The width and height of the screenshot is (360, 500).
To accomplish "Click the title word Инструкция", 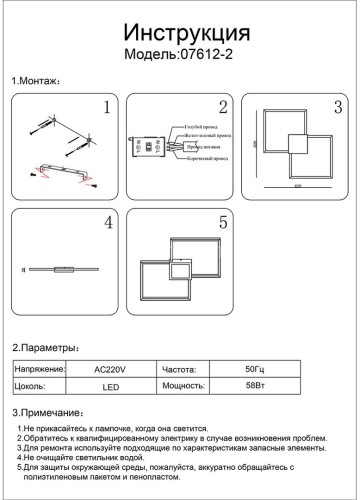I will tap(181, 31).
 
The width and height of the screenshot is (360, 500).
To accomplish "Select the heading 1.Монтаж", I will tap(36, 80).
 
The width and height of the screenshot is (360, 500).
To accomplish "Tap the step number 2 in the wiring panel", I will tap(223, 108).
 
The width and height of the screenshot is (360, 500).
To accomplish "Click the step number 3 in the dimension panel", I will tap(337, 108).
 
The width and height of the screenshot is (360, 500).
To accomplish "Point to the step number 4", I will tap(105, 225).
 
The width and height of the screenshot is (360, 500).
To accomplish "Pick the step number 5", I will tap(223, 225).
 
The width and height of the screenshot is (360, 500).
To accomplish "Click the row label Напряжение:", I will tap(40, 369).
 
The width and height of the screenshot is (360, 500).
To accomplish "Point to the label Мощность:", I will tap(184, 384).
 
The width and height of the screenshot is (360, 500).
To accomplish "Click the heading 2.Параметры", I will tap(45, 348).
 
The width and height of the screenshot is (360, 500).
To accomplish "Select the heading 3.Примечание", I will tap(48, 412).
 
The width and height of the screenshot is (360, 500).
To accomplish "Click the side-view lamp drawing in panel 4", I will tap(55, 269).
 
